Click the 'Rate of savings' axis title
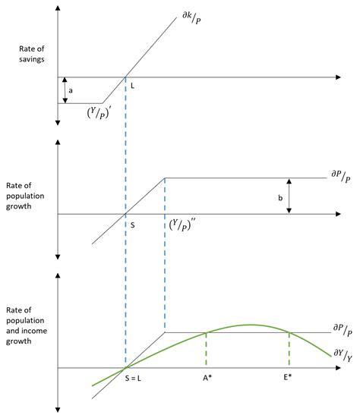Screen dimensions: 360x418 pyautogui.click(x=31, y=54)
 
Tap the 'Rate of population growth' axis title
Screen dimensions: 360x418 pyautogui.click(x=25, y=196)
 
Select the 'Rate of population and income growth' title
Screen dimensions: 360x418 pyautogui.click(x=27, y=325)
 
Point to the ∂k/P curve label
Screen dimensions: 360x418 pyautogui.click(x=191, y=17)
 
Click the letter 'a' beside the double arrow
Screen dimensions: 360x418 pyautogui.click(x=71, y=90)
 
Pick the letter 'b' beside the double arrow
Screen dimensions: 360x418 pyautogui.click(x=280, y=198)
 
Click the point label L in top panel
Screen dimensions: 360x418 pyautogui.click(x=132, y=86)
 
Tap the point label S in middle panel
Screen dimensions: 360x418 pyautogui.click(x=132, y=225)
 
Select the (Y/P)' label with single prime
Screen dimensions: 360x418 pyautogui.click(x=99, y=112)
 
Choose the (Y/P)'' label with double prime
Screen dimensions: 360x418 pyautogui.click(x=182, y=225)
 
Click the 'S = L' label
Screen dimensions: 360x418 pyautogui.click(x=133, y=378)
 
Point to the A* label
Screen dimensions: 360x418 pyautogui.click(x=207, y=378)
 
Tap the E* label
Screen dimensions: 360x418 pyautogui.click(x=287, y=377)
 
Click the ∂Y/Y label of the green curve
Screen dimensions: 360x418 pyautogui.click(x=343, y=355)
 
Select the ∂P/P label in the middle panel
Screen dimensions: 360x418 pyautogui.click(x=341, y=177)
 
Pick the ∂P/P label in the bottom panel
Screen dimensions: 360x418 pyautogui.click(x=343, y=330)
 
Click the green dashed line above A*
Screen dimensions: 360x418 pyautogui.click(x=206, y=349)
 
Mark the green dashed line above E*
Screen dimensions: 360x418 pyautogui.click(x=289, y=349)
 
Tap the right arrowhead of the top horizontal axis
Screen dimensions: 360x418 pyautogui.click(x=339, y=77)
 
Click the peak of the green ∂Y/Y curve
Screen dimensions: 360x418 pyautogui.click(x=251, y=325)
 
